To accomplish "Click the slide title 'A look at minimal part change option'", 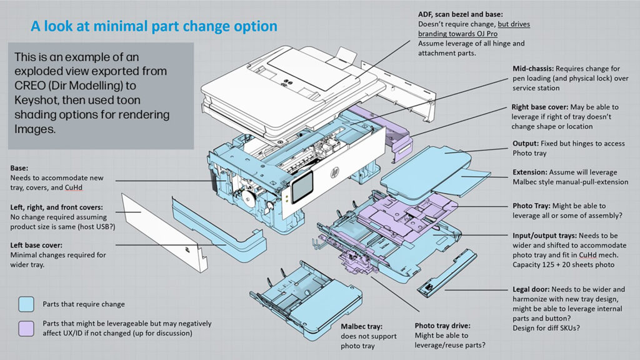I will (x=154, y=26).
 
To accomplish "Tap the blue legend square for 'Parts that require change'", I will (x=26, y=304).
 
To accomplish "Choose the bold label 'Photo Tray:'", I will (x=532, y=206).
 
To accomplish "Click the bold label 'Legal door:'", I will (x=532, y=289).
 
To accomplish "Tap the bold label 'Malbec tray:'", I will (x=361, y=326).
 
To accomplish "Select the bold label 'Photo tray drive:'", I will (x=442, y=326).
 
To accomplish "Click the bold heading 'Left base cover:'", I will (x=37, y=246).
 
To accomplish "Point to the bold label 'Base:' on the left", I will (x=21, y=168).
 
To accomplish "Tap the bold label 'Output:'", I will (x=527, y=144).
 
